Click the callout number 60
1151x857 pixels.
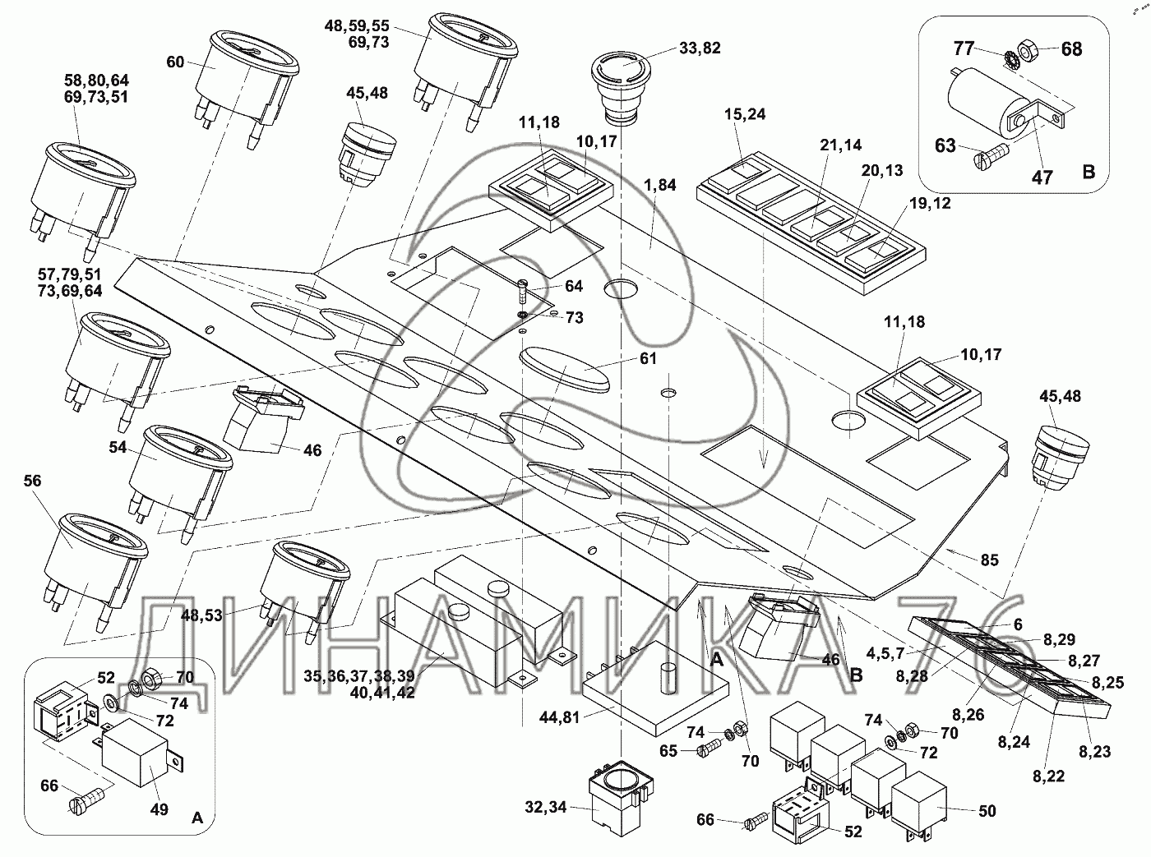176,62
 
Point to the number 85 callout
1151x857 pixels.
989,560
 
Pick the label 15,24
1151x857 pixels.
745,114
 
